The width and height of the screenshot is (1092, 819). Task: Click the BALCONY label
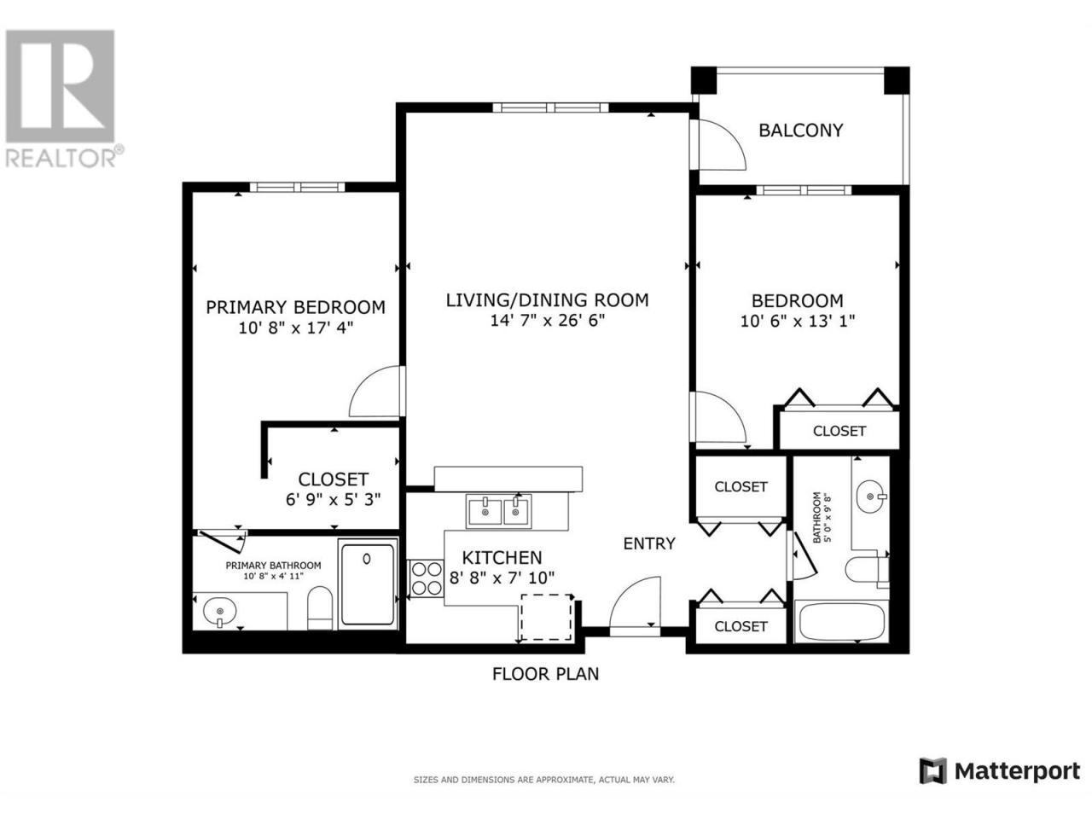tap(800, 131)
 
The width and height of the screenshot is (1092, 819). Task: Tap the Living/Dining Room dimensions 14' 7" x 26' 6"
tap(547, 321)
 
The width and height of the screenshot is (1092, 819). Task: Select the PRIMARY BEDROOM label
tap(295, 307)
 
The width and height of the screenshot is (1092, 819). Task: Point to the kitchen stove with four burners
tap(427, 578)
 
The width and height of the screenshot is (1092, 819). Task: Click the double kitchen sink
tap(498, 511)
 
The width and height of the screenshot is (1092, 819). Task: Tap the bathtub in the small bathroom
tap(841, 622)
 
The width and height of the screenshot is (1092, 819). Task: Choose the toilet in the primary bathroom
tap(321, 608)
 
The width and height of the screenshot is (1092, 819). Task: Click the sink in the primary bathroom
tap(219, 611)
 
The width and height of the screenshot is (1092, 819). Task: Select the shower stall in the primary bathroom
tap(369, 584)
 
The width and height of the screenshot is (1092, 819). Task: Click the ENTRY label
tap(649, 544)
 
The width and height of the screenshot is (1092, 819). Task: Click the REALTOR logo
tap(61, 99)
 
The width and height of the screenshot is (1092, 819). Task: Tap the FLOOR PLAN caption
tap(546, 674)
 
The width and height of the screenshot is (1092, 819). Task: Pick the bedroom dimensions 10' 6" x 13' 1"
tap(798, 322)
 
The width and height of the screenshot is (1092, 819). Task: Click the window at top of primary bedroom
tap(297, 188)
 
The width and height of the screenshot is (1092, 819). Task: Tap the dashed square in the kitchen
tap(546, 618)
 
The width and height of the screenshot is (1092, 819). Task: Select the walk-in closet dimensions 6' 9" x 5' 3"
tap(334, 499)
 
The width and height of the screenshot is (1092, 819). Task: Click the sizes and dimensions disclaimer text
tap(544, 781)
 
